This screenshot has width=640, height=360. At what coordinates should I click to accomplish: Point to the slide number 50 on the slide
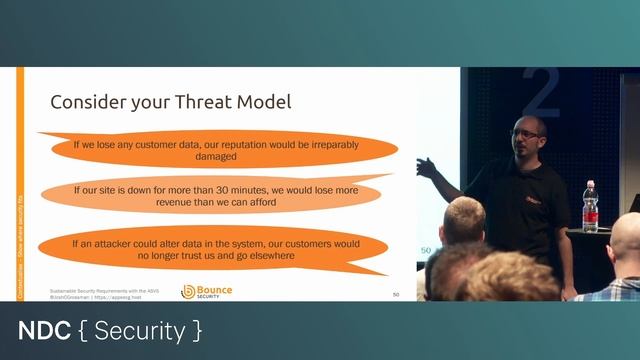[396, 295]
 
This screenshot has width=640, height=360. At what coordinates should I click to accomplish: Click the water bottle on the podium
[590, 206]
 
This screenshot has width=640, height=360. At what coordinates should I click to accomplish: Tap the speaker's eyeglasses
[527, 133]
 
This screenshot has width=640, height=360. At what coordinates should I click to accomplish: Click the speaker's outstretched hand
[427, 166]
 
